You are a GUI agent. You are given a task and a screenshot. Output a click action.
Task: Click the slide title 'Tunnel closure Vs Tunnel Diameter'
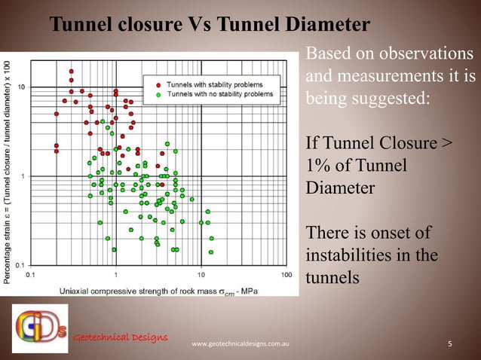pyautogui.click(x=209, y=25)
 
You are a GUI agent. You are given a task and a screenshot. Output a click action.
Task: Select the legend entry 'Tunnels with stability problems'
pyautogui.click(x=213, y=85)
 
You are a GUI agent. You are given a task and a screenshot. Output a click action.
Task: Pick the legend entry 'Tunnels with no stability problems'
pyautogui.click(x=219, y=95)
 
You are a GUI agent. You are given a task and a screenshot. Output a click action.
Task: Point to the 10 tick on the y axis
pyautogui.click(x=22, y=87)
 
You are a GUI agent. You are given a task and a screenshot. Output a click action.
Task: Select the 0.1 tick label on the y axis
pyautogui.click(x=20, y=265)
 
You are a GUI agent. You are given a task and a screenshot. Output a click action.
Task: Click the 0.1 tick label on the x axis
pyautogui.click(x=31, y=275)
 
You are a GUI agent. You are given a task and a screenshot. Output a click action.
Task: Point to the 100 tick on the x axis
pyautogui.click(x=286, y=275)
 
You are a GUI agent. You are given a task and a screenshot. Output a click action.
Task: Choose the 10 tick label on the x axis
pyautogui.click(x=201, y=275)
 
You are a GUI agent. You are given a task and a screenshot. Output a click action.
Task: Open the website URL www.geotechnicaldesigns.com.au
pyautogui.click(x=242, y=345)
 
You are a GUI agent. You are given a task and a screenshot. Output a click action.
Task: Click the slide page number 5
pyautogui.click(x=450, y=345)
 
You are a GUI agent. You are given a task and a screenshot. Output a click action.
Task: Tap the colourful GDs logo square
pyautogui.click(x=39, y=328)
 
